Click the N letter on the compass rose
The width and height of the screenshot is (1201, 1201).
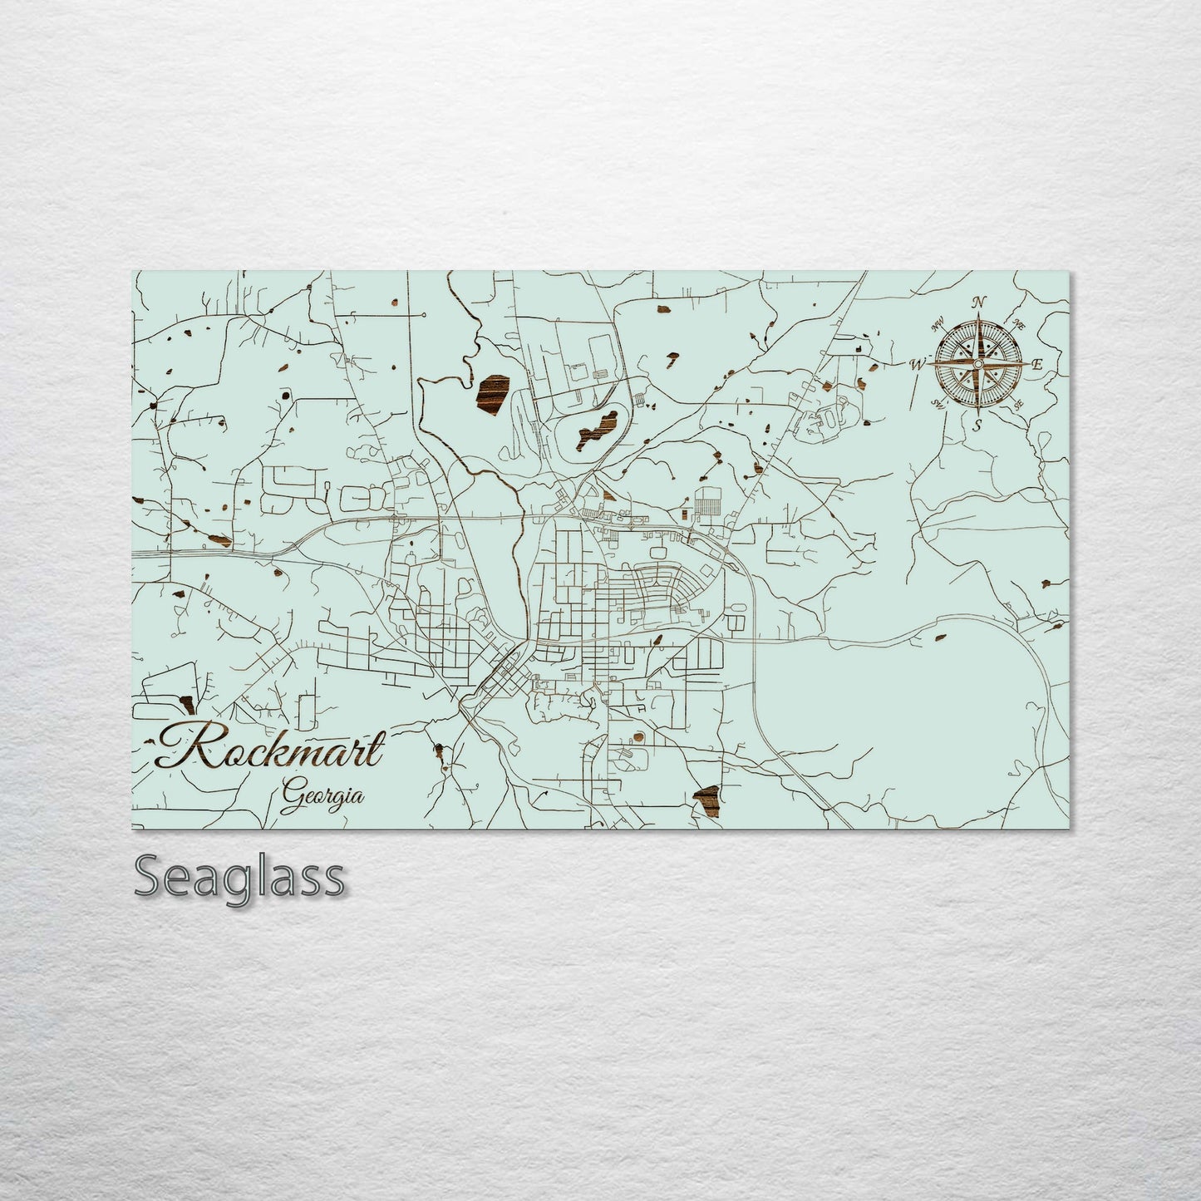tap(979, 302)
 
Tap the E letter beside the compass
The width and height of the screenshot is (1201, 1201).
tap(1036, 364)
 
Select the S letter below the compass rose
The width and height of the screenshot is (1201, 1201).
tap(978, 425)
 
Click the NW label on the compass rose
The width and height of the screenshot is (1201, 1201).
tap(940, 325)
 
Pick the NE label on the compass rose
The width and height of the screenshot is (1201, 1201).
tap(1017, 324)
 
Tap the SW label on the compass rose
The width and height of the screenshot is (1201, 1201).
tap(938, 404)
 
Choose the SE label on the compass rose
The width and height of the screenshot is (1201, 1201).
tap(1018, 405)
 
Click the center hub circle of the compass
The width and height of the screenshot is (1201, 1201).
tap(978, 364)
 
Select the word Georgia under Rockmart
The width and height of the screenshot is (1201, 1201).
tap(322, 795)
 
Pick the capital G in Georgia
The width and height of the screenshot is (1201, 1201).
tap(292, 795)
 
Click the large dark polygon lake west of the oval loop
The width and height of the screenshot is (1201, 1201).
tap(492, 393)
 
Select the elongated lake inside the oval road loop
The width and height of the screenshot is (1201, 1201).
tap(594, 427)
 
